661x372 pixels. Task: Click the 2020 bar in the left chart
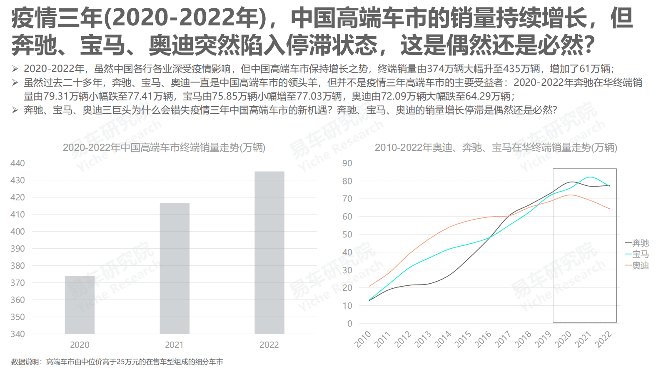tap(80, 305)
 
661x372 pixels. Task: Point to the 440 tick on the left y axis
tap(17, 163)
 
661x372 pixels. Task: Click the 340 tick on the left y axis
tap(17, 334)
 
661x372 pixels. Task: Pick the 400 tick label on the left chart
tap(17, 232)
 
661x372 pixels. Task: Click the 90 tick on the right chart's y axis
tap(347, 163)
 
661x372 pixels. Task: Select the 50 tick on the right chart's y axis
tap(347, 235)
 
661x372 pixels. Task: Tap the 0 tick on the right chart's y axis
tap(349, 324)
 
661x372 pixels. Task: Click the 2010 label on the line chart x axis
tap(363, 339)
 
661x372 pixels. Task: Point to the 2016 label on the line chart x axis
tap(483, 339)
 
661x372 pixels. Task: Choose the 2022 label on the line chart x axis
tap(603, 339)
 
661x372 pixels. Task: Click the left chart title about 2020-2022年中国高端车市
tap(164, 147)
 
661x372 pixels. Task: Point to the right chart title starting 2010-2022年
tap(496, 147)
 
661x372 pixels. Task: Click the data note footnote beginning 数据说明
tap(117, 362)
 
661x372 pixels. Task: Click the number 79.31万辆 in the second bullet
tap(56, 96)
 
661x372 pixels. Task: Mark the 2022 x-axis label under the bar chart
tap(269, 345)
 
